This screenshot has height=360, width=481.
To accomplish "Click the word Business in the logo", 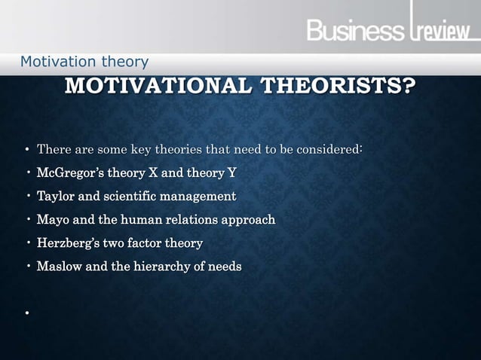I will coord(354,32).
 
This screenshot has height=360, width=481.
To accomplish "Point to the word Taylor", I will coord(55,197).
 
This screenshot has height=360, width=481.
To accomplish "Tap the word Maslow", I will coord(58,267).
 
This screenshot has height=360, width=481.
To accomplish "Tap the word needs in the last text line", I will coord(225,267).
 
